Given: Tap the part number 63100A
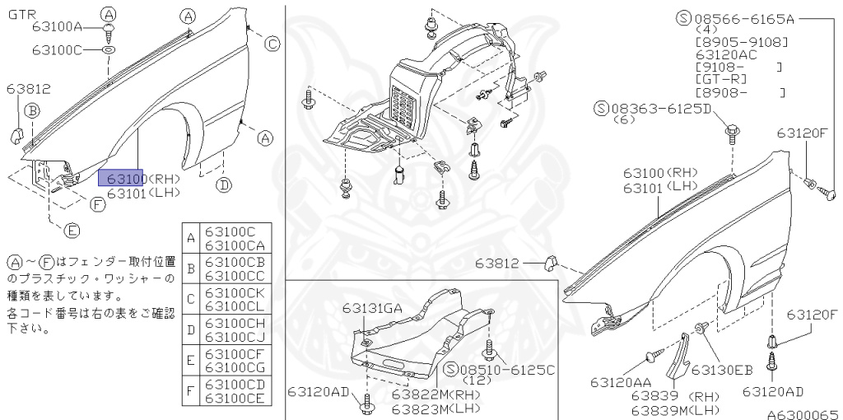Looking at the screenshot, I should click(58, 27).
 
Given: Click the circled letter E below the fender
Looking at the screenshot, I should click(72, 230).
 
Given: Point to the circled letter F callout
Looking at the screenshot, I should click(97, 205).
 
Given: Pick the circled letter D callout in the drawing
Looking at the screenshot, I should click(223, 185).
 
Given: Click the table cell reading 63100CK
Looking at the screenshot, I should click(235, 293).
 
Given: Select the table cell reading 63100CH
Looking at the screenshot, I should click(235, 324).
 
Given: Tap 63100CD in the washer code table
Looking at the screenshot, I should click(235, 385).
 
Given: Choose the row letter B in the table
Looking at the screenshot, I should click(191, 268).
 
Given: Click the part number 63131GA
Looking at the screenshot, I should click(372, 309).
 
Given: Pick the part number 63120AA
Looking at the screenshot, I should click(621, 382).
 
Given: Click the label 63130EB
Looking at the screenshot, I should click(722, 370).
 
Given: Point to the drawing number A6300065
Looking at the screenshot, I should click(803, 414).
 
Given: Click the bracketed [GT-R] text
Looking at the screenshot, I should click(727, 79).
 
